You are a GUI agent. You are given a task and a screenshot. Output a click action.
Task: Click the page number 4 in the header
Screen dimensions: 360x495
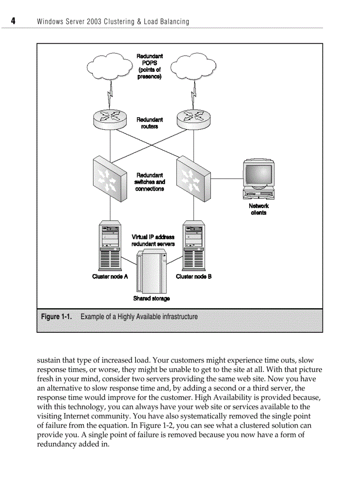point(13,21)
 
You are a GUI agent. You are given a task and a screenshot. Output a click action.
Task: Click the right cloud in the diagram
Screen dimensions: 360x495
point(193,67)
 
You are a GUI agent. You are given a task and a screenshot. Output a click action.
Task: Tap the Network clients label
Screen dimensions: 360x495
point(259,209)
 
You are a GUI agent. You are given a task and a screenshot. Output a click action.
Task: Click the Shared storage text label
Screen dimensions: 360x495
point(151,298)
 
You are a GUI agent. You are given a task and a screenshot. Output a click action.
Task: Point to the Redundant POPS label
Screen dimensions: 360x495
point(150,67)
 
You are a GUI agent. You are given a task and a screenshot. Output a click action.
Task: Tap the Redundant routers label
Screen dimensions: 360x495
point(150,123)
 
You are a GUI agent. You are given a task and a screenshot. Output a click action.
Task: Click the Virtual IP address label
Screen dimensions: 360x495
point(153,237)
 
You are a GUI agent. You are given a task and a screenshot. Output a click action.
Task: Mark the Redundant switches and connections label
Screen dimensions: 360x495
point(150,182)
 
